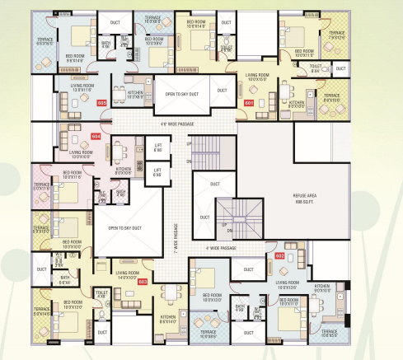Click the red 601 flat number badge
pos(249,102)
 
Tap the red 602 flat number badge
pos(279,256)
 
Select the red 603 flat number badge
pos(143,282)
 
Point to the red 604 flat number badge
pos(96,135)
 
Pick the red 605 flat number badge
pos(103,103)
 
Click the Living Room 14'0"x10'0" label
pos(129,276)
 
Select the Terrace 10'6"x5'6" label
pos(330,334)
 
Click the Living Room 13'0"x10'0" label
pos(82,154)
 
